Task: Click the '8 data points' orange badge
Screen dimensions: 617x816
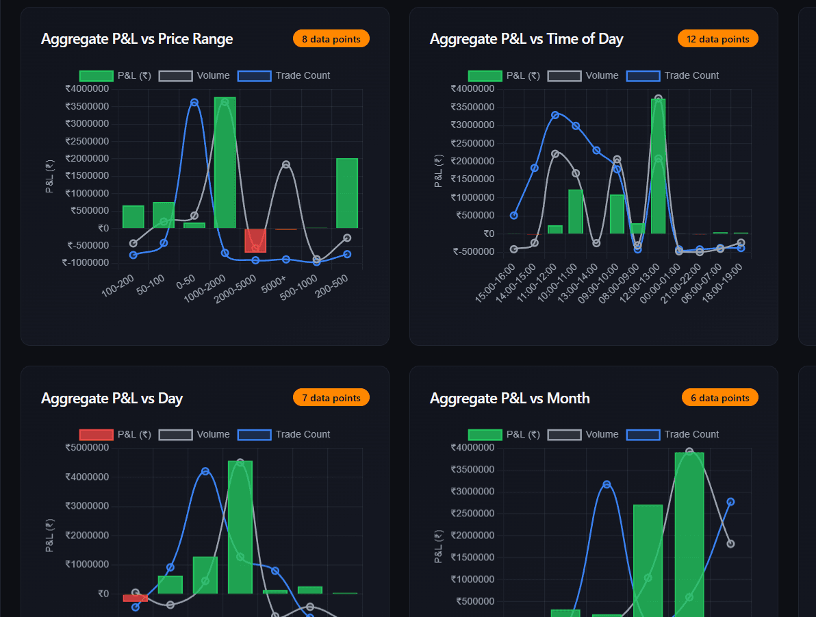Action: [x=331, y=39]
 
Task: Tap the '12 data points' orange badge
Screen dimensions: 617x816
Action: [x=718, y=39]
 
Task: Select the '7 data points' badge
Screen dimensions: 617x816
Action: [x=331, y=398]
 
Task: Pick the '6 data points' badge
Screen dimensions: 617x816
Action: [x=719, y=398]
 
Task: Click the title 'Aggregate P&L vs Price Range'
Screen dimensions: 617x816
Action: [x=137, y=39]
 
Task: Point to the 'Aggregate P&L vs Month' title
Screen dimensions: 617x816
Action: [x=509, y=399]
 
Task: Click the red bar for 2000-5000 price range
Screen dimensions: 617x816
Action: [x=255, y=240]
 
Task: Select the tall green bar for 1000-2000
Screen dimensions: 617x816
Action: [x=225, y=163]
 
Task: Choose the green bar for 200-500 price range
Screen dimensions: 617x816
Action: [x=347, y=193]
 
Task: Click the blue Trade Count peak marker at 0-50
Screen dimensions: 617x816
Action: [x=194, y=103]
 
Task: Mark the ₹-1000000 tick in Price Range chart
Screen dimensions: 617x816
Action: [x=85, y=263]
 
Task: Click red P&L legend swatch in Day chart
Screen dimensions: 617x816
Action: [x=96, y=435]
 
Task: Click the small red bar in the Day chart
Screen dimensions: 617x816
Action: [x=136, y=598]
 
